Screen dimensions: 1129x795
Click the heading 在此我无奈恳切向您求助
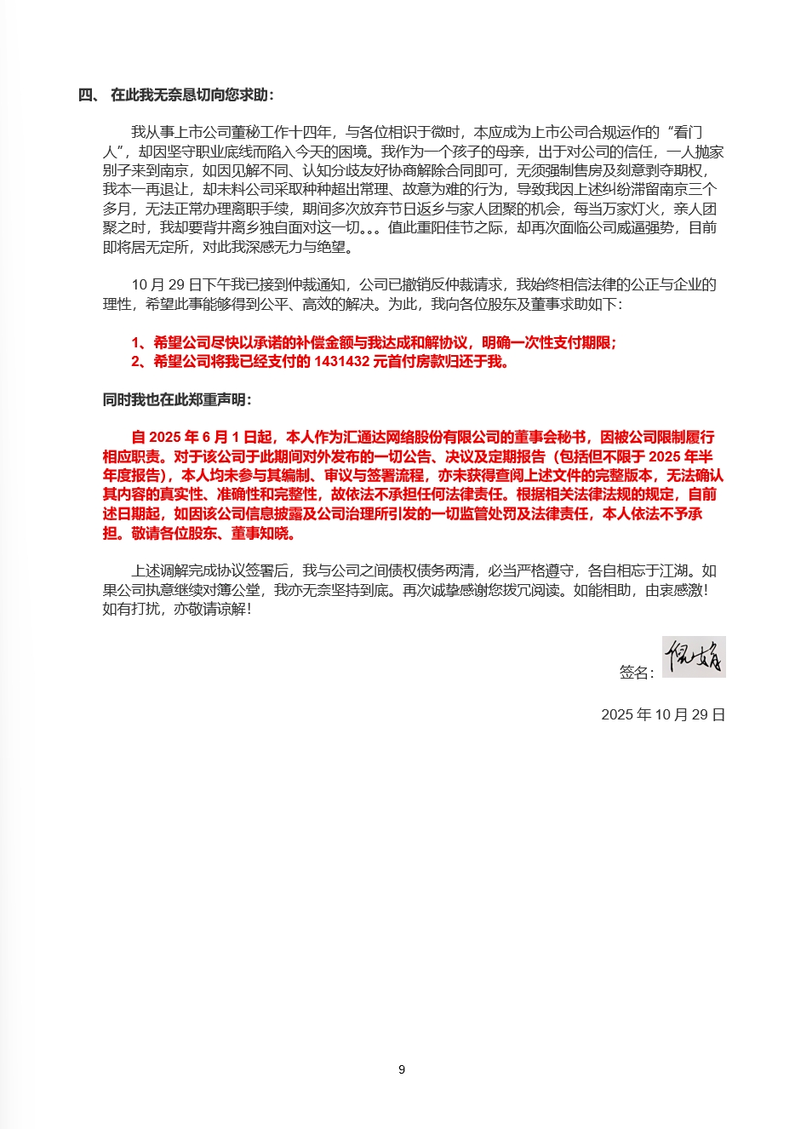192,95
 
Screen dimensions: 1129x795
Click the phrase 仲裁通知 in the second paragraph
323,284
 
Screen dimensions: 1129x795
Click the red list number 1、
140,342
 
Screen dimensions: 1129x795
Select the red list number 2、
140,361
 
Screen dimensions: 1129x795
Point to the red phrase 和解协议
439,342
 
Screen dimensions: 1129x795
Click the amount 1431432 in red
342,361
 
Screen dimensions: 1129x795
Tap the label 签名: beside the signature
637,673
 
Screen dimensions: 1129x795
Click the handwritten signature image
694,656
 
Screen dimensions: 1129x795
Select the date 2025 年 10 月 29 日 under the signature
663,714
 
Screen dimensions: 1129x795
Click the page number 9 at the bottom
402,1069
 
